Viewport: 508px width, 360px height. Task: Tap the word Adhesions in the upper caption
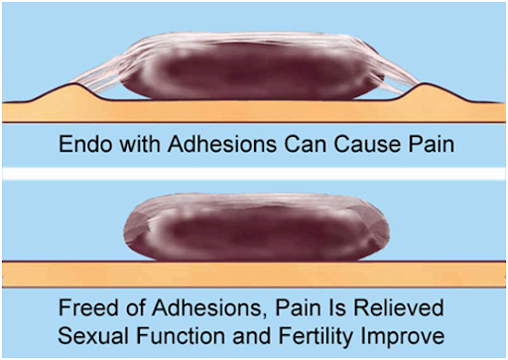click(222, 144)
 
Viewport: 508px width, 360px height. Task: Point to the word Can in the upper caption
click(306, 144)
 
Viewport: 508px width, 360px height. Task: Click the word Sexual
click(93, 336)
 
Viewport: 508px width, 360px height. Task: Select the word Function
click(181, 336)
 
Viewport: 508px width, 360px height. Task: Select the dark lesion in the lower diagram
click(256, 228)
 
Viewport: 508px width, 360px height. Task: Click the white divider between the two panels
click(254, 174)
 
